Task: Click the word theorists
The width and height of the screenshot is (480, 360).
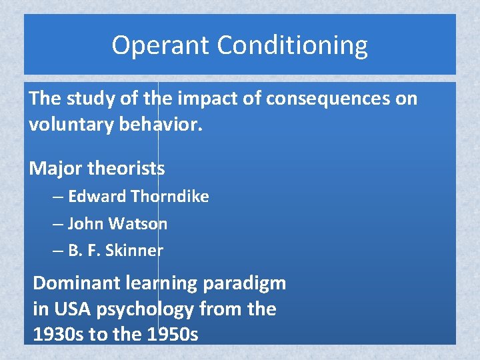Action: (x=126, y=168)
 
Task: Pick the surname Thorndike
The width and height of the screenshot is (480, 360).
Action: (x=170, y=197)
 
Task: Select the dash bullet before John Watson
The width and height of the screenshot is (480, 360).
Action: (x=58, y=225)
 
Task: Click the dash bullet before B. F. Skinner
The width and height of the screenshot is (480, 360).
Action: (x=58, y=251)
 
